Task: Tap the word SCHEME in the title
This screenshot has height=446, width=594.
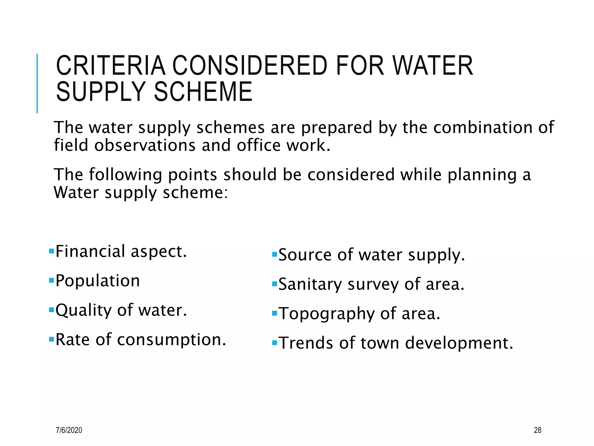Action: pyautogui.click(x=203, y=92)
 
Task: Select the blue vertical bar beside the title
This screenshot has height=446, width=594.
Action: pyautogui.click(x=37, y=83)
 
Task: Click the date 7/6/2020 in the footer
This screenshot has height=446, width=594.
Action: pyautogui.click(x=69, y=430)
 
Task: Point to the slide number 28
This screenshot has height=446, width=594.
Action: pyautogui.click(x=537, y=430)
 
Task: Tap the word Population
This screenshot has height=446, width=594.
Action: pyautogui.click(x=98, y=281)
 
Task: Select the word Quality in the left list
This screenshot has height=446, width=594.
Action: pyautogui.click(x=84, y=310)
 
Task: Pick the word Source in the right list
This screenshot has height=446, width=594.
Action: pyautogui.click(x=305, y=255)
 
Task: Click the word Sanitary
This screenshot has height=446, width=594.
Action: pyautogui.click(x=310, y=284)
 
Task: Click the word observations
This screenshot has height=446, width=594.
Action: pyautogui.click(x=145, y=145)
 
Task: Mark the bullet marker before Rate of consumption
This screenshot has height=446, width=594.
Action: pyautogui.click(x=52, y=339)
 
